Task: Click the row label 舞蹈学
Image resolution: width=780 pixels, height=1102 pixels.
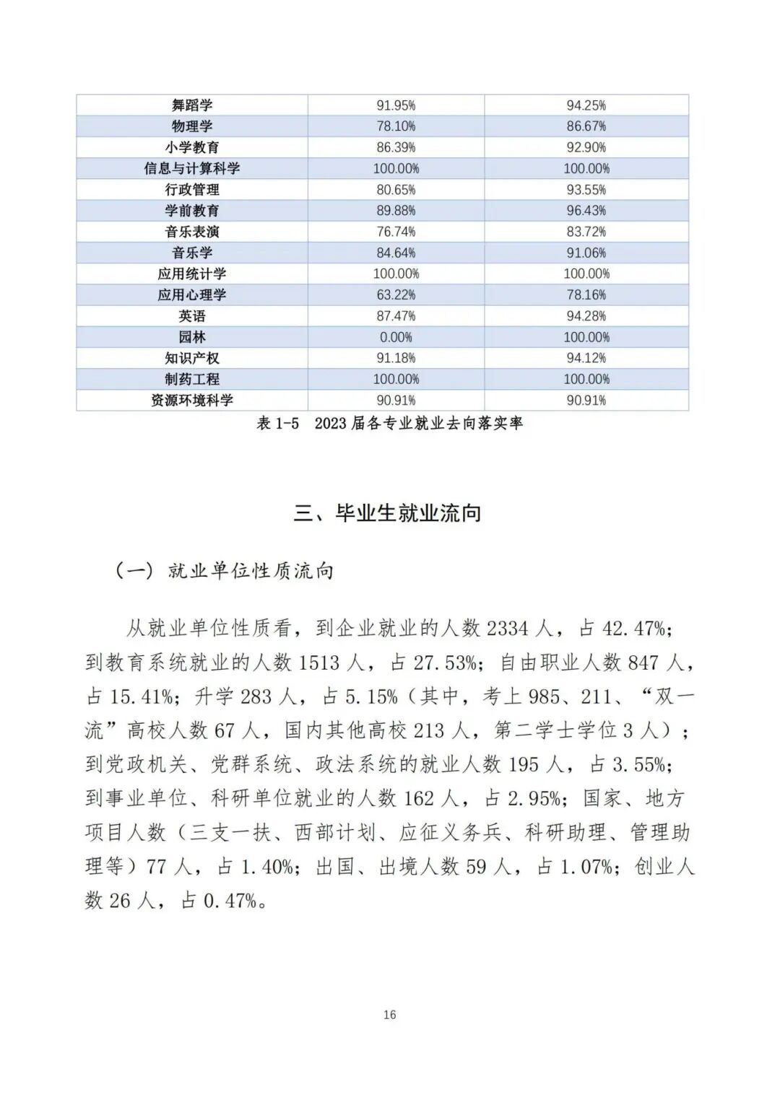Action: pos(192,105)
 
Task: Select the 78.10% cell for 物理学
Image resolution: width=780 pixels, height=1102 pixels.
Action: pos(396,126)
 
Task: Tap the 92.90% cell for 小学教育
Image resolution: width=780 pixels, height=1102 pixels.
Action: pos(586,147)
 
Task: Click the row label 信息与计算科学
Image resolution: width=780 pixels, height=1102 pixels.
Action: pos(192,168)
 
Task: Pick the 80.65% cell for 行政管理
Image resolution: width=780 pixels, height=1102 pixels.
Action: pos(396,190)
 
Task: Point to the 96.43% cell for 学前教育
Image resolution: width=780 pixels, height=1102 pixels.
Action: pos(586,211)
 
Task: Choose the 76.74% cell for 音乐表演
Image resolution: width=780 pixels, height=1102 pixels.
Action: pos(396,232)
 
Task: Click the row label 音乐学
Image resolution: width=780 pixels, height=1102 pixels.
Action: pos(192,253)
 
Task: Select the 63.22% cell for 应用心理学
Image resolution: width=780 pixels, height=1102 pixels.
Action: pos(396,295)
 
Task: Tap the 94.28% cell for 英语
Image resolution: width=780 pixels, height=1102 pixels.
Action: pos(586,316)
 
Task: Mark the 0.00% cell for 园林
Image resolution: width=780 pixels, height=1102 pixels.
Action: pos(396,337)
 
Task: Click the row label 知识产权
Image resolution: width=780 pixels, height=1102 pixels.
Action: pos(192,358)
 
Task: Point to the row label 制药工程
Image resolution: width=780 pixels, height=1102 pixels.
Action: pos(192,379)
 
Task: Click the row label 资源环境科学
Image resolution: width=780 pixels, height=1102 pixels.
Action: pos(192,401)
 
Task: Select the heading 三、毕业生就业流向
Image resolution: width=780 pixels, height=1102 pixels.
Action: pos(387,513)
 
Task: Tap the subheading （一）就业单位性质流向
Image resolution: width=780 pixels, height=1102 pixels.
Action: pos(225,571)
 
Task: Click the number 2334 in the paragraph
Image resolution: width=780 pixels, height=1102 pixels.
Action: pos(507,629)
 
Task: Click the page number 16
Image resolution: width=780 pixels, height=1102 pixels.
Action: pos(389,1015)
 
